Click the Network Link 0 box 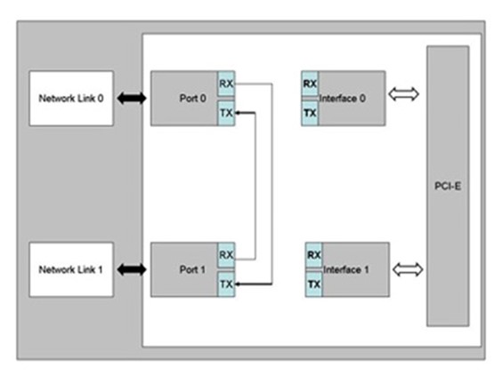71,98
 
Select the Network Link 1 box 71,268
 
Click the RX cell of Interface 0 311,84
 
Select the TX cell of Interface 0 311,113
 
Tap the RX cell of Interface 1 313,255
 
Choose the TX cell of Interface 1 313,284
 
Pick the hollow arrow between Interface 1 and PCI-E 405,268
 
